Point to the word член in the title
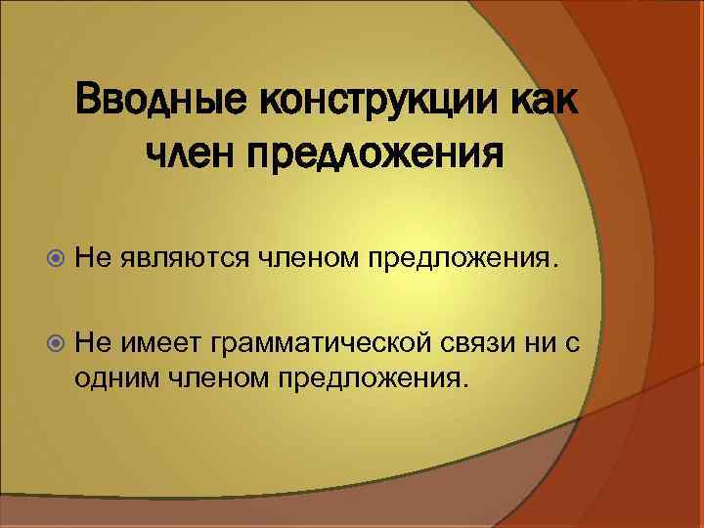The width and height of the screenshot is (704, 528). pos(190,153)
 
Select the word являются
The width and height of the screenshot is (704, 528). pos(186,257)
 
